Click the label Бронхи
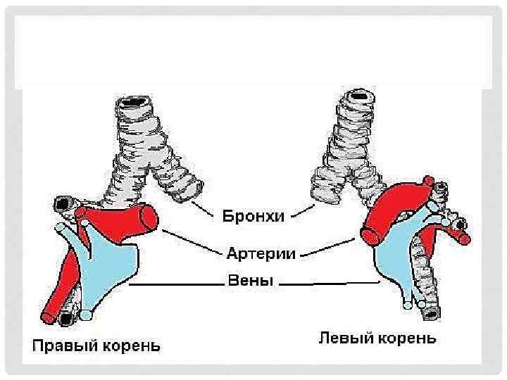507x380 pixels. click(x=254, y=216)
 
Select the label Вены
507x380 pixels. click(x=249, y=281)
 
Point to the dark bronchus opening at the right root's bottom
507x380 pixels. click(x=66, y=318)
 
